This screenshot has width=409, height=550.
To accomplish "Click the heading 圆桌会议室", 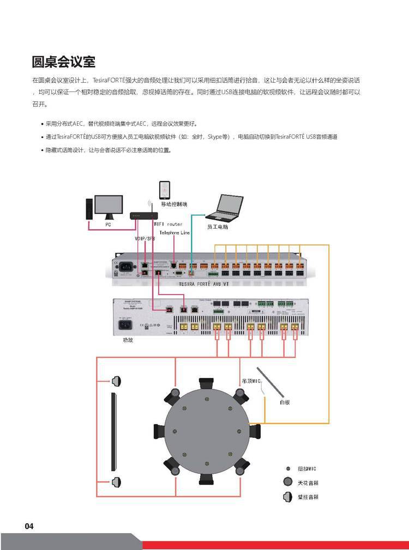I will (64, 62).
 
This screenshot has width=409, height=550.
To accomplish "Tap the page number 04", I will (29, 526).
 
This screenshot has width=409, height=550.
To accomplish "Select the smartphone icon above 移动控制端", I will (165, 190).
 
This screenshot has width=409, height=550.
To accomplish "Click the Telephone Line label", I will (175, 233).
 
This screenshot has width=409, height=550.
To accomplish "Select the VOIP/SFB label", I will (145, 239).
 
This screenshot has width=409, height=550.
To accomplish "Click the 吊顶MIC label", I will (250, 381).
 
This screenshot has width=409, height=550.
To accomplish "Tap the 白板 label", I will (284, 402).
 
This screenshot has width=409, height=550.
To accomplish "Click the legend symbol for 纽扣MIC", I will (288, 468).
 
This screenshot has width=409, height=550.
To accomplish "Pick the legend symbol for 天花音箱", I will (288, 482).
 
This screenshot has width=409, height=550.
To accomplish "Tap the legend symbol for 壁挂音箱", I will (288, 497).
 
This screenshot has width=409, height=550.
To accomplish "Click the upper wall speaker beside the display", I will (116, 381).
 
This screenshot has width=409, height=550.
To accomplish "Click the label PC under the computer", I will (108, 224).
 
